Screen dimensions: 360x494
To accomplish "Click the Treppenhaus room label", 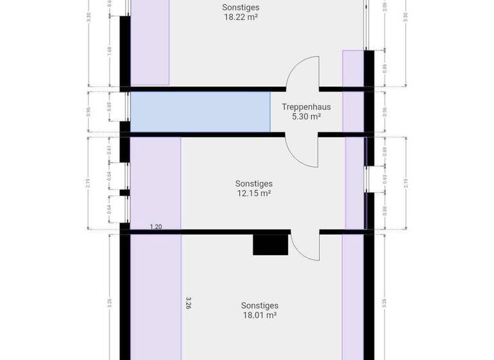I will tap(306, 107).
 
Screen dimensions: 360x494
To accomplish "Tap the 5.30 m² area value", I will tap(306, 117).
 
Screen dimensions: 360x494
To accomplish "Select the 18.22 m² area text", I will tap(241, 18).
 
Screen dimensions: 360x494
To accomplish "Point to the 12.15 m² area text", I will tap(253, 193).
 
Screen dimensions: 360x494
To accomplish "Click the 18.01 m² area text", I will tap(259, 316).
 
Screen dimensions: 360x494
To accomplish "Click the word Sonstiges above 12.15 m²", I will tap(253, 183).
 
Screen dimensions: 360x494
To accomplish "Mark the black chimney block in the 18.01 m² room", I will tap(270, 245).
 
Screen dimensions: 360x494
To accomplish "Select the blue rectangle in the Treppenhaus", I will tap(200, 112).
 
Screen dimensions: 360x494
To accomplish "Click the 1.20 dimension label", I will tap(156, 227).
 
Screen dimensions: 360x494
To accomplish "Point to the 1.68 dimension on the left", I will tap(110, 51).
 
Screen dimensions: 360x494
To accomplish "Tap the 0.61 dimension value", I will tap(110, 150).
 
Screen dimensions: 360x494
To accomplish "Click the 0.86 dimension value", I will tap(385, 67).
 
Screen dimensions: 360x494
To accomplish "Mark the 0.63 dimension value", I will tap(385, 179).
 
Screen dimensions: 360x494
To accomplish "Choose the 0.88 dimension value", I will tap(385, 210).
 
